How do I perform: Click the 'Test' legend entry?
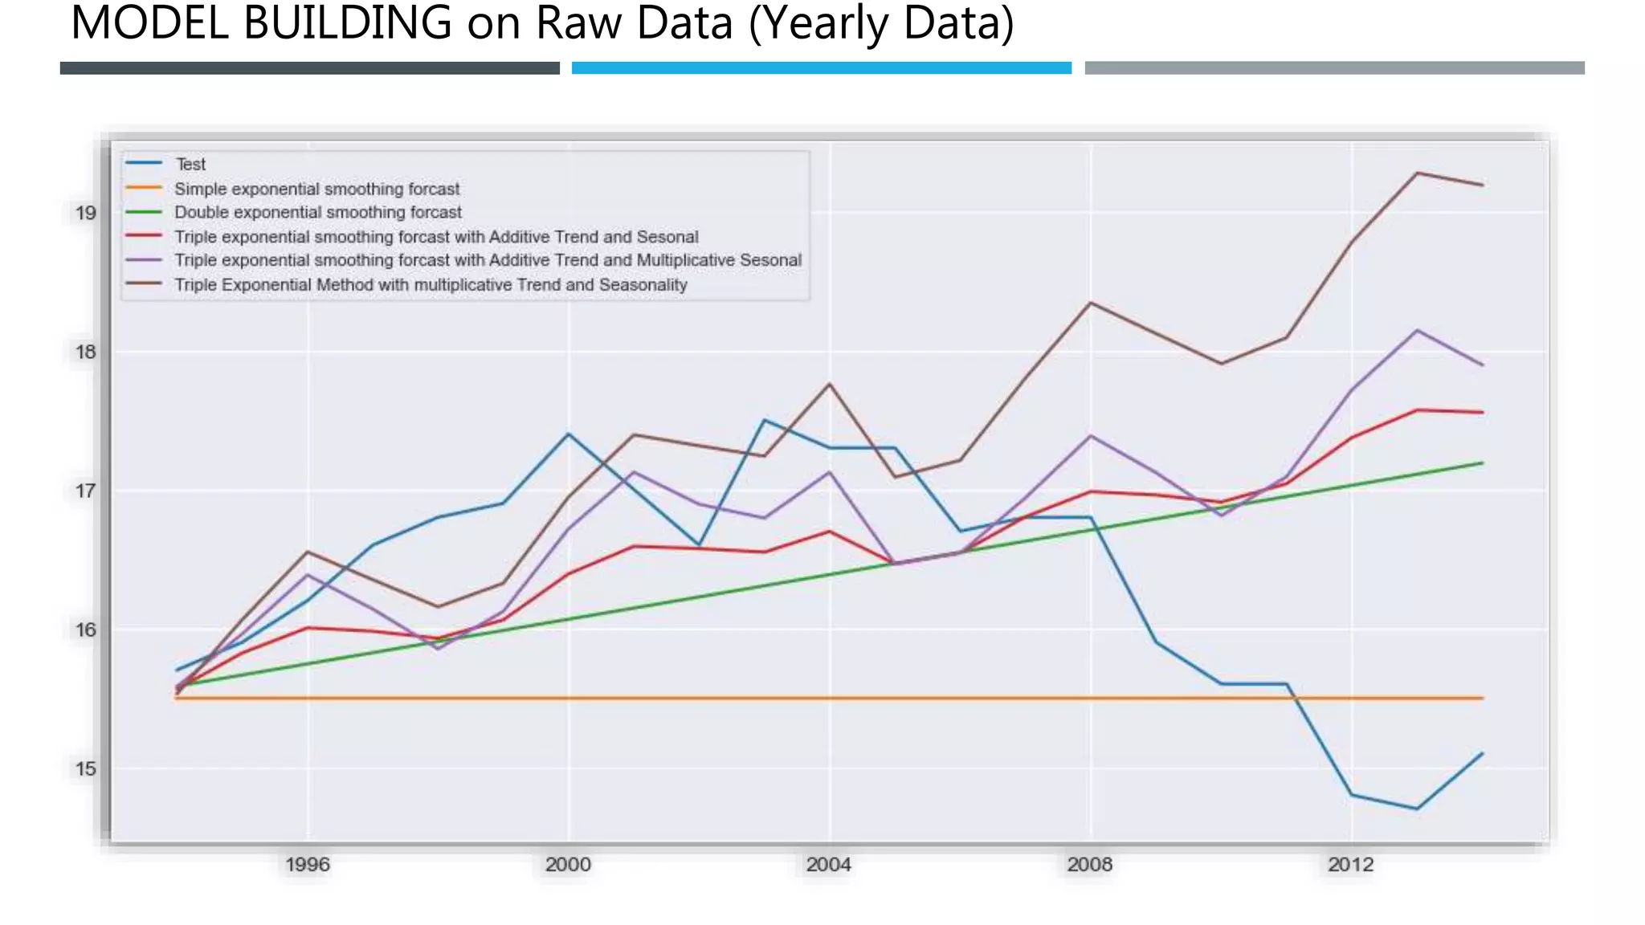point(190,165)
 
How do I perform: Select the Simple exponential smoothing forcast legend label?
point(316,189)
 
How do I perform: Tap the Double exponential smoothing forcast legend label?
point(317,213)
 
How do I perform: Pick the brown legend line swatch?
point(144,284)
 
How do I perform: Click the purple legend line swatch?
point(144,260)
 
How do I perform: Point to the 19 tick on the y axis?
point(85,213)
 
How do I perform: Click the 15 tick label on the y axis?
point(85,769)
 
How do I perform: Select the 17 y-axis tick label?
point(85,491)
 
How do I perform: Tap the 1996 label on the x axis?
point(307,865)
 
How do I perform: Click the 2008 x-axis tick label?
point(1089,865)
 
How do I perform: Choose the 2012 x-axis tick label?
point(1350,865)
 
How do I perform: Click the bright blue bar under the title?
point(821,68)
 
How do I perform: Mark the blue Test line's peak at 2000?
point(569,434)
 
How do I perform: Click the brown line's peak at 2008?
point(1090,303)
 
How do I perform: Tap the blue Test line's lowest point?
point(1417,809)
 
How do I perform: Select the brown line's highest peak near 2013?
point(1417,173)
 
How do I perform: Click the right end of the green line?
point(1481,463)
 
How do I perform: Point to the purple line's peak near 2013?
point(1417,330)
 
